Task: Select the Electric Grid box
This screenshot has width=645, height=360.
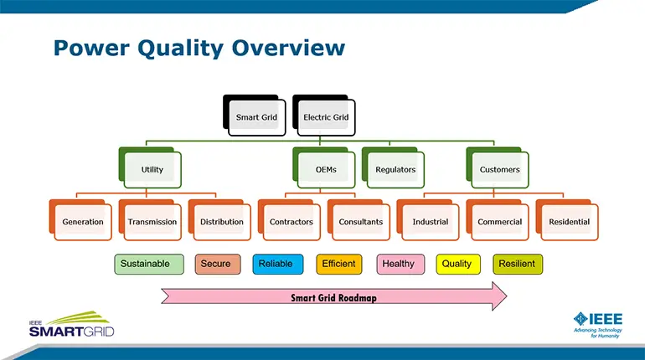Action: [326, 117]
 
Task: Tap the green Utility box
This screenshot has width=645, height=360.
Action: [152, 170]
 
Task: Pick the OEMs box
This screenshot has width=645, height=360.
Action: [326, 170]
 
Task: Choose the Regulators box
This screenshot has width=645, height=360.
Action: [395, 170]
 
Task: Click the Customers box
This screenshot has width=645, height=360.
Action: [499, 170]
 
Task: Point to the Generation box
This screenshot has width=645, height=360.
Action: [82, 222]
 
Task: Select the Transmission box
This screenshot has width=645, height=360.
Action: [152, 222]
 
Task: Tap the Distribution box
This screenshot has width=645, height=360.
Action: [221, 222]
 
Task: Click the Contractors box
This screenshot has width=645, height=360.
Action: [291, 222]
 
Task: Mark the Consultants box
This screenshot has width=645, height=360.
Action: [360, 222]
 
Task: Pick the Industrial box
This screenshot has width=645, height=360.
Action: [430, 222]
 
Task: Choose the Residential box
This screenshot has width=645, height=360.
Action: [569, 222]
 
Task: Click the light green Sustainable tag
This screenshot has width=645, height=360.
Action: [145, 264]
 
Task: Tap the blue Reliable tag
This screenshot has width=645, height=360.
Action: [276, 264]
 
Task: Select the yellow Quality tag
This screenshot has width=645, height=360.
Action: [457, 264]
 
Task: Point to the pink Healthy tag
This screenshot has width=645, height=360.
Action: [398, 264]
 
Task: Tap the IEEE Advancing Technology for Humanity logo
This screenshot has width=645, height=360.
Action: [597, 322]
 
